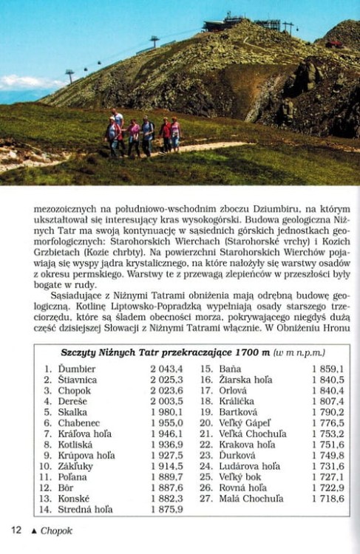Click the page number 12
16,530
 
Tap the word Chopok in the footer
56,530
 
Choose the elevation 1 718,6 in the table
327,499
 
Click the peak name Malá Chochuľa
251,499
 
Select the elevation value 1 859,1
327,368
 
